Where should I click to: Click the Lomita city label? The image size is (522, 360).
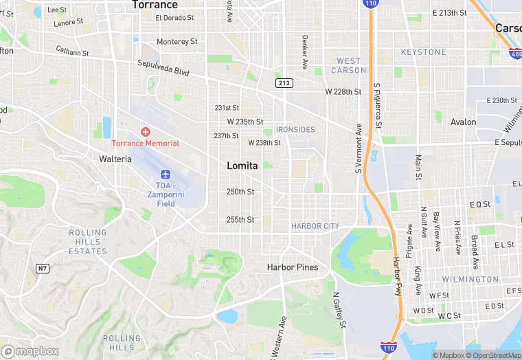pyautogui.click(x=242, y=166)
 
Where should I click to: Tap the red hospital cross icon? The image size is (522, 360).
pyautogui.click(x=145, y=131)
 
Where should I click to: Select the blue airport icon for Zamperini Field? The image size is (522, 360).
pyautogui.click(x=166, y=175)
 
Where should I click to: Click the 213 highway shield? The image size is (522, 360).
pyautogui.click(x=283, y=83)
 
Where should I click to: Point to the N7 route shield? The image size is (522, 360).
pyautogui.click(x=43, y=269)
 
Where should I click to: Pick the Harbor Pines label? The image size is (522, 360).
pyautogui.click(x=293, y=267)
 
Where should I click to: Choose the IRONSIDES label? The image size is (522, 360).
pyautogui.click(x=295, y=129)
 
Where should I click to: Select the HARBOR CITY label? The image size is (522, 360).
pyautogui.click(x=315, y=226)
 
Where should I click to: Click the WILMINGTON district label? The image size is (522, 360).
pyautogui.click(x=470, y=280)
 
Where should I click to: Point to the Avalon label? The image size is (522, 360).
pyautogui.click(x=463, y=122)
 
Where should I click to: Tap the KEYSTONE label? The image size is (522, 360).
pyautogui.click(x=424, y=52)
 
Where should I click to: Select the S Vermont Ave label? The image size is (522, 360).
pyautogui.click(x=359, y=148)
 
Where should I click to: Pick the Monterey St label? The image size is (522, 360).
pyautogui.click(x=177, y=42)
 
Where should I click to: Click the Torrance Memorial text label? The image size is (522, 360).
pyautogui.click(x=146, y=143)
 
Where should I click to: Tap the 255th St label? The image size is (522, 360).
pyautogui.click(x=240, y=220)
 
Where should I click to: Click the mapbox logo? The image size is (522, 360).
pyautogui.click(x=30, y=351)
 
